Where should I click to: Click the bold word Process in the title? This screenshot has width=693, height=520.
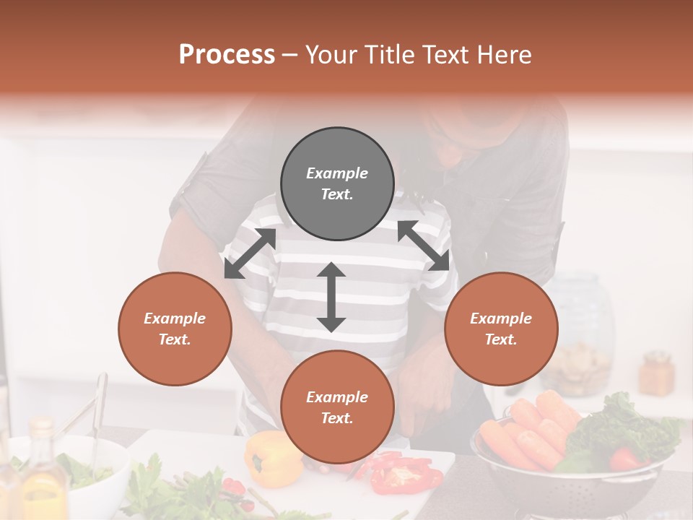coord(227,55)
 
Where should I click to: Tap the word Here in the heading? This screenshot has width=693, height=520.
coord(503,55)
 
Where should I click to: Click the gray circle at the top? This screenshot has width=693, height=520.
coord(337,183)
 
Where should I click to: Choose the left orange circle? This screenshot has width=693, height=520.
coord(175,329)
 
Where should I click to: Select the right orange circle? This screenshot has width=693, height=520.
coord(501,329)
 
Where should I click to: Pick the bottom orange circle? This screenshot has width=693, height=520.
coord(337,407)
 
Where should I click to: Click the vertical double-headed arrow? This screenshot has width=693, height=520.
coord(331,297)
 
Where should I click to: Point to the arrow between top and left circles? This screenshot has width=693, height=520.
coord(250,253)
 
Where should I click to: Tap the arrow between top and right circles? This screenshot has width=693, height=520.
coord(424,246)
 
